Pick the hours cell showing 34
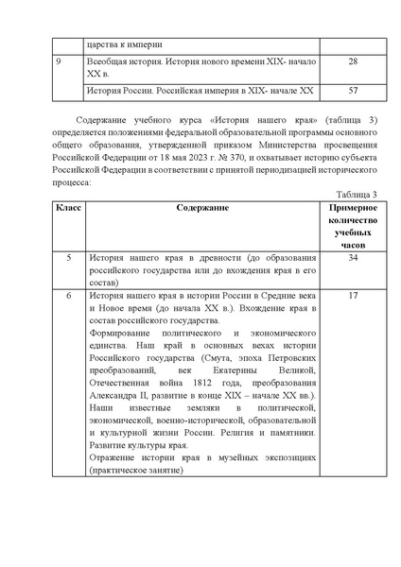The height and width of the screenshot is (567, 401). click(352, 256)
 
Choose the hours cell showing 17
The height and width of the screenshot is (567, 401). click(352, 296)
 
